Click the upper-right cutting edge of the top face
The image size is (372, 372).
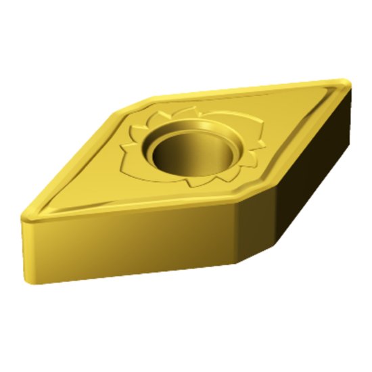pos(250,88)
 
